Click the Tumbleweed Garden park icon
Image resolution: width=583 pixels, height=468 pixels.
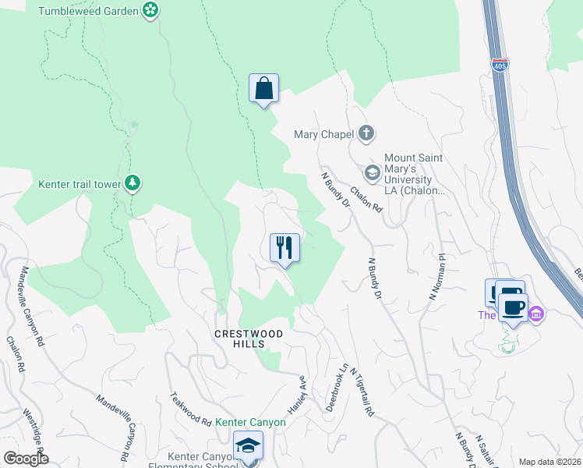(151, 10)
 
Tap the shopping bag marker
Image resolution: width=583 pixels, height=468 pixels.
(263, 88)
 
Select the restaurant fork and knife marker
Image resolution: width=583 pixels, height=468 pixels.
(284, 248)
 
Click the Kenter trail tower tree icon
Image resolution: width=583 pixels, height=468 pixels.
(133, 183)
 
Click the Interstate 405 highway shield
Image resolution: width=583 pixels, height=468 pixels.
(500, 66)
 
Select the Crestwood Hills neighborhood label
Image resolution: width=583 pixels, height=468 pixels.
(248, 339)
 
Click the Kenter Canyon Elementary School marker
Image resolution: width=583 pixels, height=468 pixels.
(249, 447)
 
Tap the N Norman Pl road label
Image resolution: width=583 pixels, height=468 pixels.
(436, 277)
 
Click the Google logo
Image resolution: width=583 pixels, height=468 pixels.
(26, 459)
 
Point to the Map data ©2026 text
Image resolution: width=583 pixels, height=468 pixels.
(549, 462)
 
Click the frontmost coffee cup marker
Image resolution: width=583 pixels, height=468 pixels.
(514, 307)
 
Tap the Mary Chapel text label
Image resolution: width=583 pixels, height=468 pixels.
(324, 133)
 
